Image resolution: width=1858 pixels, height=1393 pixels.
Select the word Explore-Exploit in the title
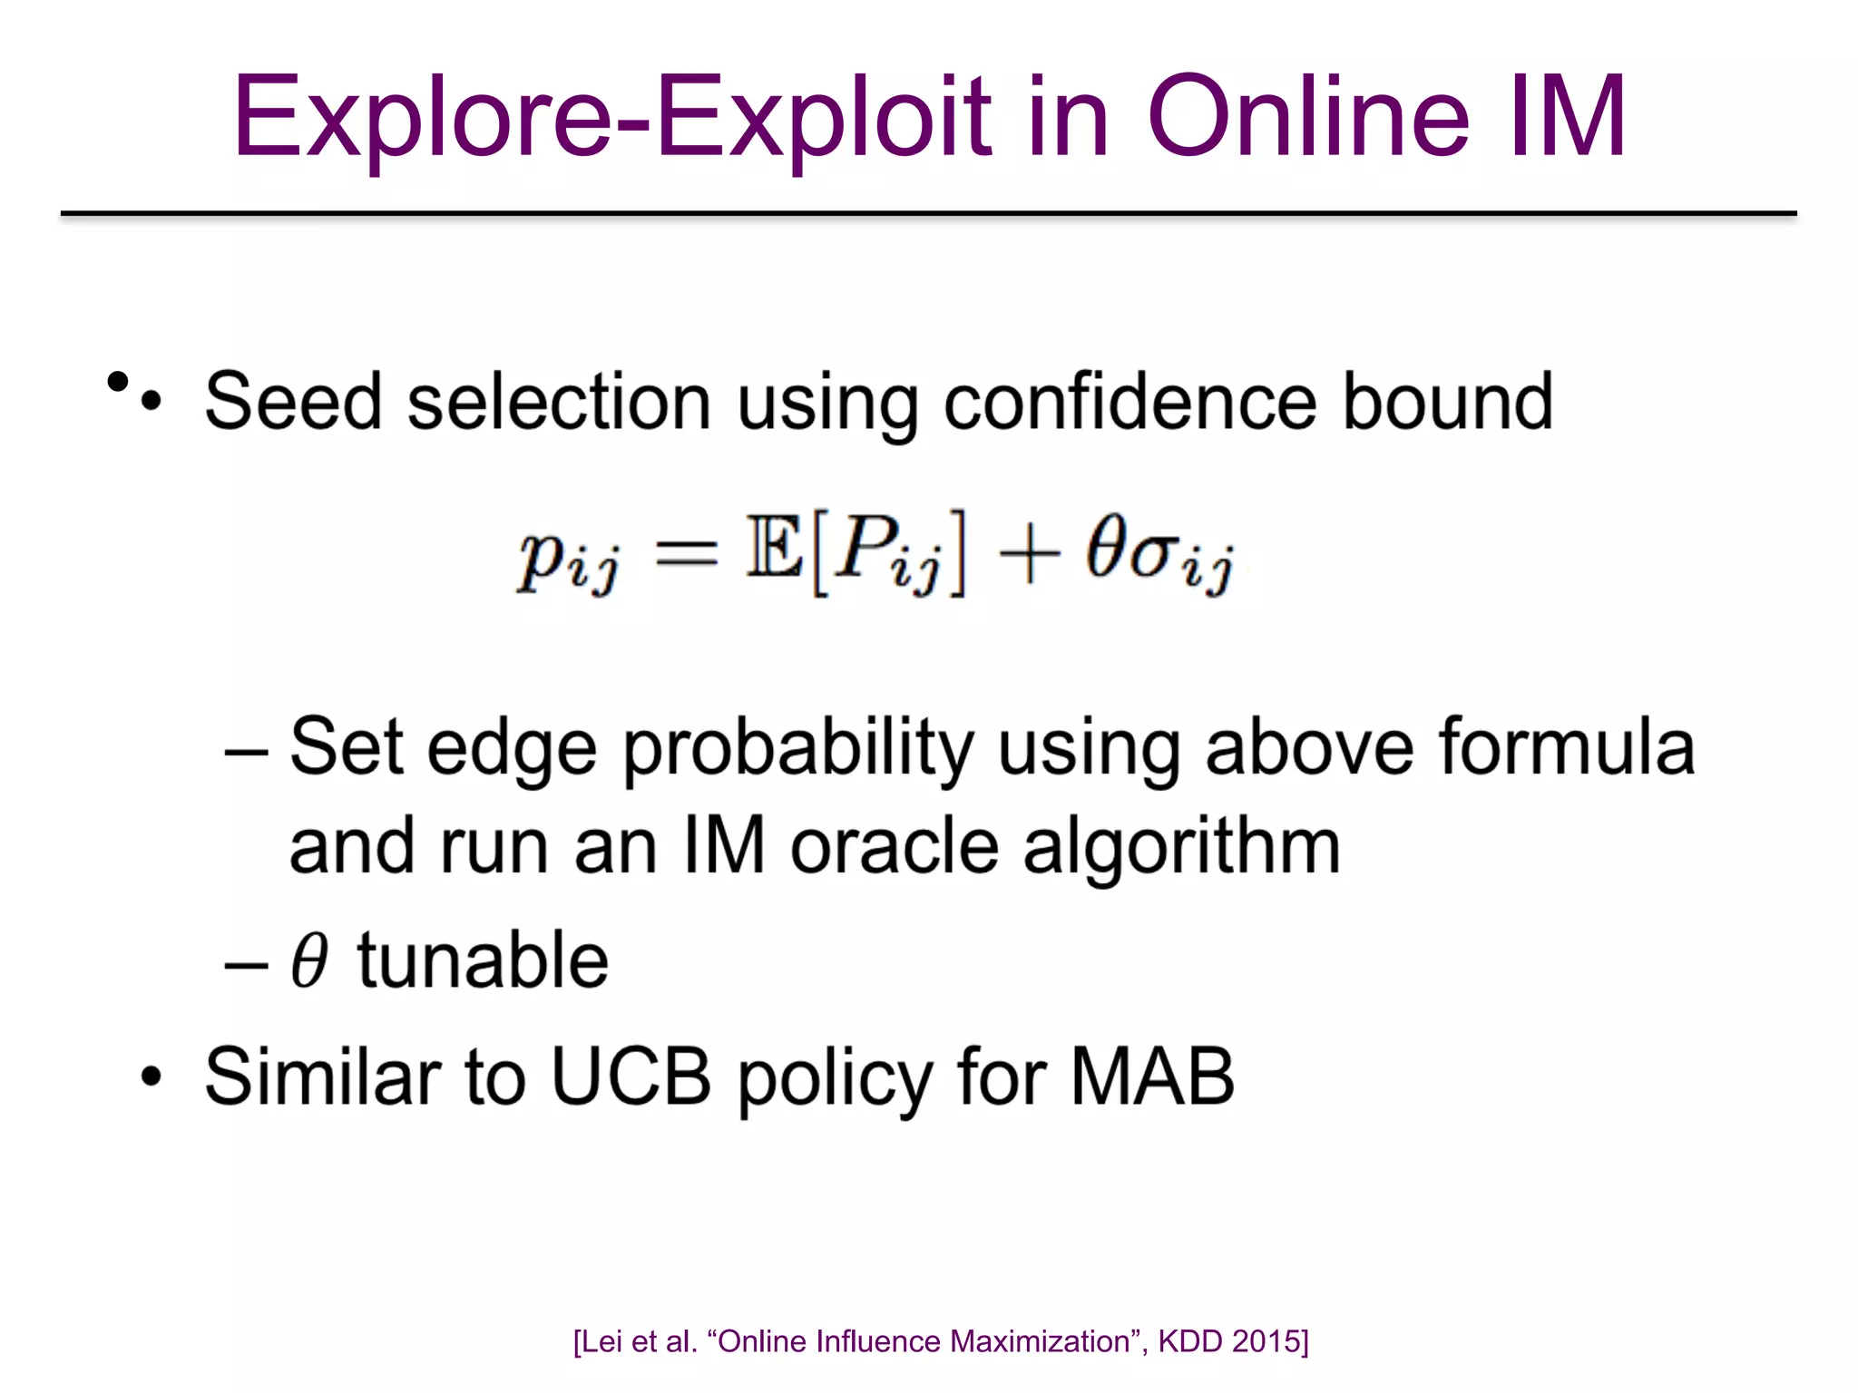pos(612,118)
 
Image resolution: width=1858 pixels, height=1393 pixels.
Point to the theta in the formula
pos(1107,546)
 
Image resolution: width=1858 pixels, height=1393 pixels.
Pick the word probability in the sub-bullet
pos(797,749)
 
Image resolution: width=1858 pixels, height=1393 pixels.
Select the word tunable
pos(483,960)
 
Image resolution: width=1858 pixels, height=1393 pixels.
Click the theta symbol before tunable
pos(309,960)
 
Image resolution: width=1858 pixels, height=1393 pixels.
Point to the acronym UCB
pos(631,1076)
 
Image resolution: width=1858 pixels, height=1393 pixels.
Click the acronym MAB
pos(1152,1076)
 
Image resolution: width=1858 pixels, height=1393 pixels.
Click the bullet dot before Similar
pos(152,1076)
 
